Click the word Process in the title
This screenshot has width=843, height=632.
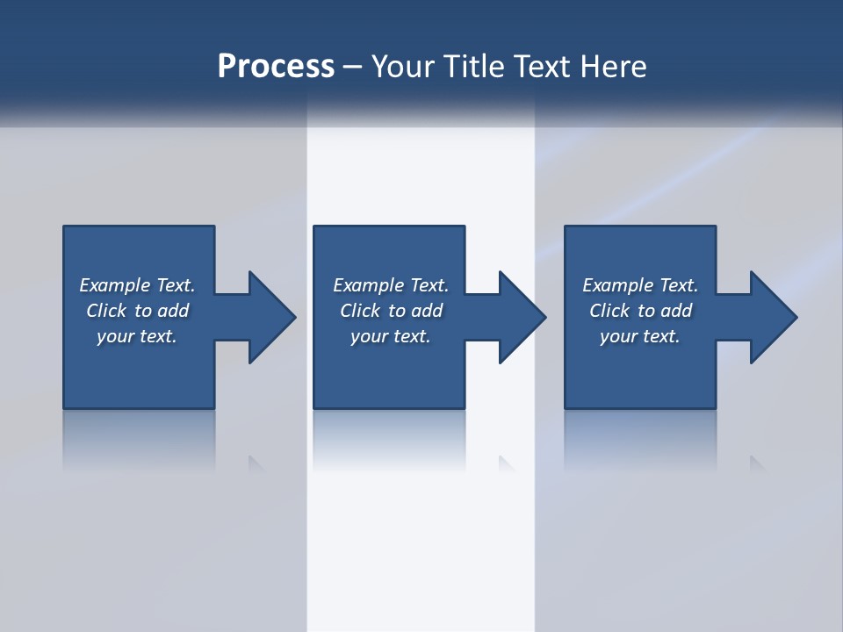276,67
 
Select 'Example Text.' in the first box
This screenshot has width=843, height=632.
137,285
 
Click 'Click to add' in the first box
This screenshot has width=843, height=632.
137,311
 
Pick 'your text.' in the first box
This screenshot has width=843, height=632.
137,336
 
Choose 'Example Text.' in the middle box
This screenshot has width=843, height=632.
390,285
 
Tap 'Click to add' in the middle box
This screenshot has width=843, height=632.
390,311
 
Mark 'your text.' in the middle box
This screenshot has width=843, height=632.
390,336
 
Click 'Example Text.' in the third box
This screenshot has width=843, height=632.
640,285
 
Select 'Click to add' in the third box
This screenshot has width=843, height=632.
640,311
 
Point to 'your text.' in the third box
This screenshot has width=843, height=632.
640,336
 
